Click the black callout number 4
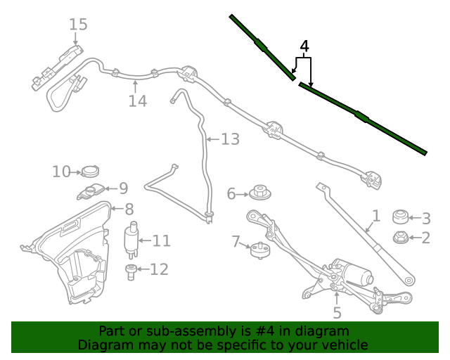pos(304,46)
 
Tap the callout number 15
pos(78,25)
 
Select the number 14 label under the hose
pos(138,101)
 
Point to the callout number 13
pos(230,139)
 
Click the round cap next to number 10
pos(90,172)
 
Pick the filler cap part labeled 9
pos(91,191)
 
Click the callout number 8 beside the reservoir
pos(129,209)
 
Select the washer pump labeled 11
pos(131,240)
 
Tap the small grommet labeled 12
pos(131,272)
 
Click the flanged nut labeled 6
pos(259,193)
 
